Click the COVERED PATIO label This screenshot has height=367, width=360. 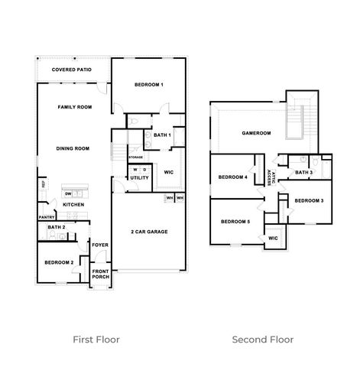pos(72,70)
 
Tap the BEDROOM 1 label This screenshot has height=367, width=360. pos(149,84)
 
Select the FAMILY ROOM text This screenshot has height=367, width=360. pos(74,108)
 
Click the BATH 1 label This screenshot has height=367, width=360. pos(162,135)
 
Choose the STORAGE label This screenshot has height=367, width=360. pos(135,157)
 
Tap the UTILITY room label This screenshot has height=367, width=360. pos(139,178)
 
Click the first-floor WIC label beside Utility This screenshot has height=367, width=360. pos(169,172)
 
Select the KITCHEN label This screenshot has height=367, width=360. pos(73,205)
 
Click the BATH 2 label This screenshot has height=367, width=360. pos(56,227)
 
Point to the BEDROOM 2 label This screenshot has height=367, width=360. pos(59,262)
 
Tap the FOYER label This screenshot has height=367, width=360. pos(100,245)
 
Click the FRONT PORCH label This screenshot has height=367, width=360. pos(100,274)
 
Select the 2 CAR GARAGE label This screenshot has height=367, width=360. pos(148,232)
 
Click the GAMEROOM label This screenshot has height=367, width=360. pos(257,133)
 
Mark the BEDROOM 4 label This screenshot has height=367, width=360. pos(232,177)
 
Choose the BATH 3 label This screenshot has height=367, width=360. pos(303,173)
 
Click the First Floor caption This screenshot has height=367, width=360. pos(96,339)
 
